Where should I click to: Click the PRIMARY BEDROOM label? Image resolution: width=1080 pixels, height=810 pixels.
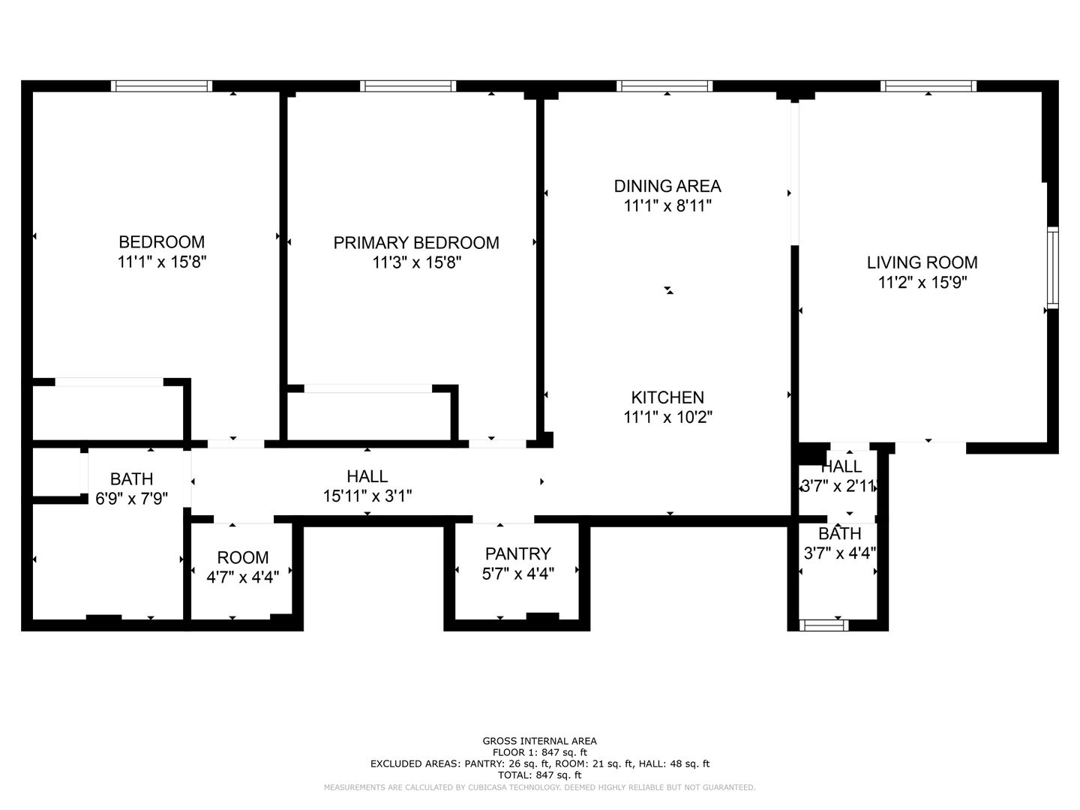416,242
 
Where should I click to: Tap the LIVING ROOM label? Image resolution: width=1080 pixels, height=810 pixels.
922,262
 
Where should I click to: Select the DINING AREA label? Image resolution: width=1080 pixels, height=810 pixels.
667,186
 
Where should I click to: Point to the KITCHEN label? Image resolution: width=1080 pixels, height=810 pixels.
667,397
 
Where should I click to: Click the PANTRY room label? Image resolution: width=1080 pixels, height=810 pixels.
518,553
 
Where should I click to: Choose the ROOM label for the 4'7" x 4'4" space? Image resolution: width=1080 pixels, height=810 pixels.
243,557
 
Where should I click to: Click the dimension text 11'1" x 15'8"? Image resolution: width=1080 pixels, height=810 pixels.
162,262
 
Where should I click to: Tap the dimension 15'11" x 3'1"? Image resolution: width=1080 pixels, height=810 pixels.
367,496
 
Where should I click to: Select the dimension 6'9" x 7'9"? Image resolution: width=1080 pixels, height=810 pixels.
132,499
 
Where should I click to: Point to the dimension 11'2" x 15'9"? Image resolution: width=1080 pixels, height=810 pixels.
923,283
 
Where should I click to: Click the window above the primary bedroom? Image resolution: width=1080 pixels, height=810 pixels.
408,86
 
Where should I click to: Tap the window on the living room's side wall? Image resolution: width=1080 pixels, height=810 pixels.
1052,268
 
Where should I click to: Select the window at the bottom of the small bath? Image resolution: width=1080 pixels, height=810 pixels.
824,625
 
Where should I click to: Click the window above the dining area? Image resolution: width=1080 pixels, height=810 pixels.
664,86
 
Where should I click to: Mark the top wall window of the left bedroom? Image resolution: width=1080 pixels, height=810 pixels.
162,86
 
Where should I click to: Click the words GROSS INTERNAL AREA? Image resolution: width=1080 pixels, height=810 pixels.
540,741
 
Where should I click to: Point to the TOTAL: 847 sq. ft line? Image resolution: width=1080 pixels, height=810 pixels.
540,775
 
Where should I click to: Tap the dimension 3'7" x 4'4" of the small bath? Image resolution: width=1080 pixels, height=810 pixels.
840,553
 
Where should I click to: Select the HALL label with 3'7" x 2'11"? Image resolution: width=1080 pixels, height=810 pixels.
841,466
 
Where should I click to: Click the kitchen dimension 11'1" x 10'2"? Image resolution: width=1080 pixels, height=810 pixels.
667,417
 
